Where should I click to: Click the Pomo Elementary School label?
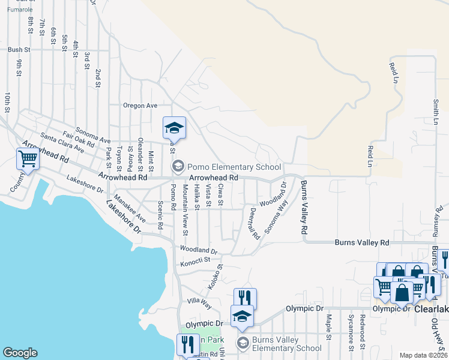coord(234,167)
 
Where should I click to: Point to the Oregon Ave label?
coord(140,106)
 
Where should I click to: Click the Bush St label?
coord(19,50)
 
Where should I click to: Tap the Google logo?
coord(20,353)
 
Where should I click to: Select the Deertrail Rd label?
coord(254,223)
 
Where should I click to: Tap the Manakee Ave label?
coord(130,208)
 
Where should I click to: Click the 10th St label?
coord(8,103)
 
